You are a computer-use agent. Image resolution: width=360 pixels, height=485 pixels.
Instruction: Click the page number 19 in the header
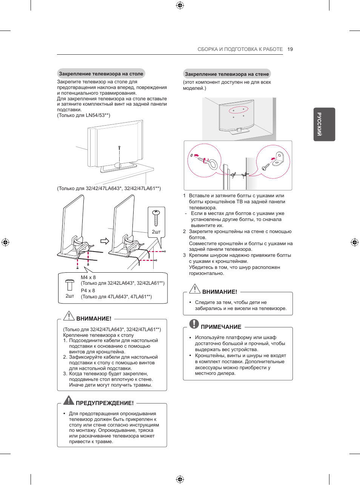coord(290,49)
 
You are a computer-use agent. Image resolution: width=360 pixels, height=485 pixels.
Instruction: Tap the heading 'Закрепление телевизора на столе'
coord(101,74)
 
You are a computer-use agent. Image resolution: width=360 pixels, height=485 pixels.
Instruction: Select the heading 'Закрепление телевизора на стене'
coord(227,74)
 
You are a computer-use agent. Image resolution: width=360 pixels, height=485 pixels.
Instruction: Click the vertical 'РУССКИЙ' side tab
coord(324,124)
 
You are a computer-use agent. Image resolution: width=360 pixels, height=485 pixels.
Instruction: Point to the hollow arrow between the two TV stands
coord(105,241)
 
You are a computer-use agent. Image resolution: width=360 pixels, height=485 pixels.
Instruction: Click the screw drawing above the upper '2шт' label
coord(156,218)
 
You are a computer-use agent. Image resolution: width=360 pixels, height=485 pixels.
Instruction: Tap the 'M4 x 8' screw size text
coord(88,277)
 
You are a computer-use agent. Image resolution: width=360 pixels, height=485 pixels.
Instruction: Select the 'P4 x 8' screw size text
coord(88,290)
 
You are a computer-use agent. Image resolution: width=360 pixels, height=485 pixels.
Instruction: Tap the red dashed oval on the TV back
coord(238,110)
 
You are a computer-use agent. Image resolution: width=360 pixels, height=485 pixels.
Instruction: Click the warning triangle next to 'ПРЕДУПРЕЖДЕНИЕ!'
coord(69,401)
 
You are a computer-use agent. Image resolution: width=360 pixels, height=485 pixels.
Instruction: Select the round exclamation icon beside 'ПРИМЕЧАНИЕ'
coord(194,324)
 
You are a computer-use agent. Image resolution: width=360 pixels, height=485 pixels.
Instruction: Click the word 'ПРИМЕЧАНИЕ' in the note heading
coord(221,327)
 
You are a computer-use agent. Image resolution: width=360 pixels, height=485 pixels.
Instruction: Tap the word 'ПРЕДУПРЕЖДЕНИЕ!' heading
coord(105,403)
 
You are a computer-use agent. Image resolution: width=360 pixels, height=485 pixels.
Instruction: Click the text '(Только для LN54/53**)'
coord(83,115)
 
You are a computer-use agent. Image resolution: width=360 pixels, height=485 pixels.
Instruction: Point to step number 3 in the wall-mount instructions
coord(185,255)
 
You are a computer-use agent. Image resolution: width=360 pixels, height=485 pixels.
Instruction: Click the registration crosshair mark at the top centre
coord(180,5)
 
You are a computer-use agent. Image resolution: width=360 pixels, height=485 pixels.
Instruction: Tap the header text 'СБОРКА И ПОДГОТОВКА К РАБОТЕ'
coord(240,49)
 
